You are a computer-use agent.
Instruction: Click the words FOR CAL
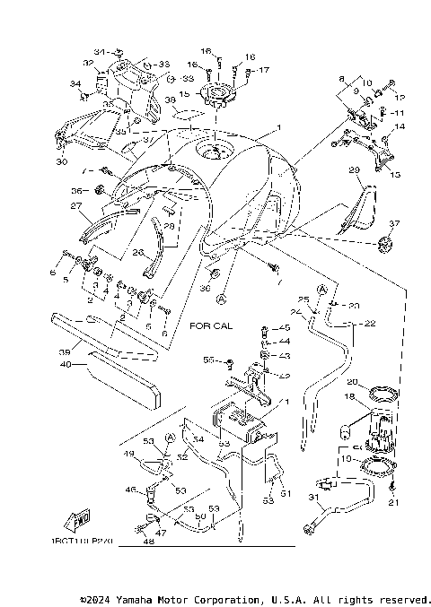click(211, 326)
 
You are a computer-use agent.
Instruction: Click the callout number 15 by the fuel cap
click(185, 93)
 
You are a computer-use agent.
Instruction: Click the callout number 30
click(61, 162)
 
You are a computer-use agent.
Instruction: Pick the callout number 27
click(76, 205)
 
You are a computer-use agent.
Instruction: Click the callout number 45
click(286, 328)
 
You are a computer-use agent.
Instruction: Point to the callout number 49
click(129, 455)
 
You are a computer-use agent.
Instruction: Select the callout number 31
click(312, 499)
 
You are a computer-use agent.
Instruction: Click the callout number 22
click(370, 324)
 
